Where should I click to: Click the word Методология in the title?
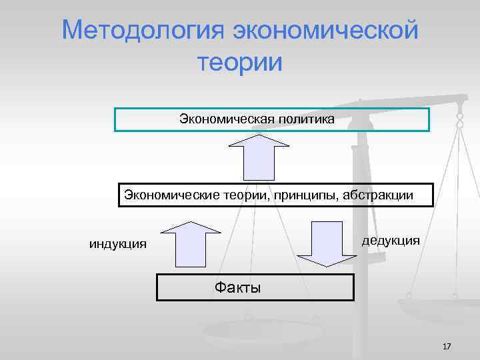point(143,30)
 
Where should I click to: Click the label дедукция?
point(391,240)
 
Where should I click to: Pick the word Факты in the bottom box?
point(237,288)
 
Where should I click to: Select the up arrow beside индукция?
point(191,244)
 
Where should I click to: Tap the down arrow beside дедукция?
point(328,244)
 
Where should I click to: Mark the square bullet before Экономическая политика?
point(170,120)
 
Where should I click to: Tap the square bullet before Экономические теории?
point(121,196)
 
